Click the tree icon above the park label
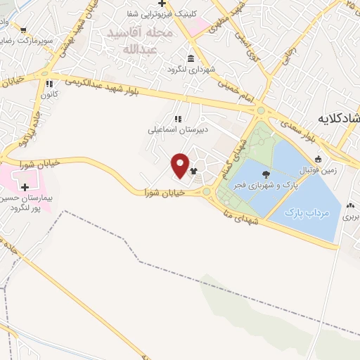pyautogui.click(x=266, y=174)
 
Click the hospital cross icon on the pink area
pyautogui.click(x=26, y=187)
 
